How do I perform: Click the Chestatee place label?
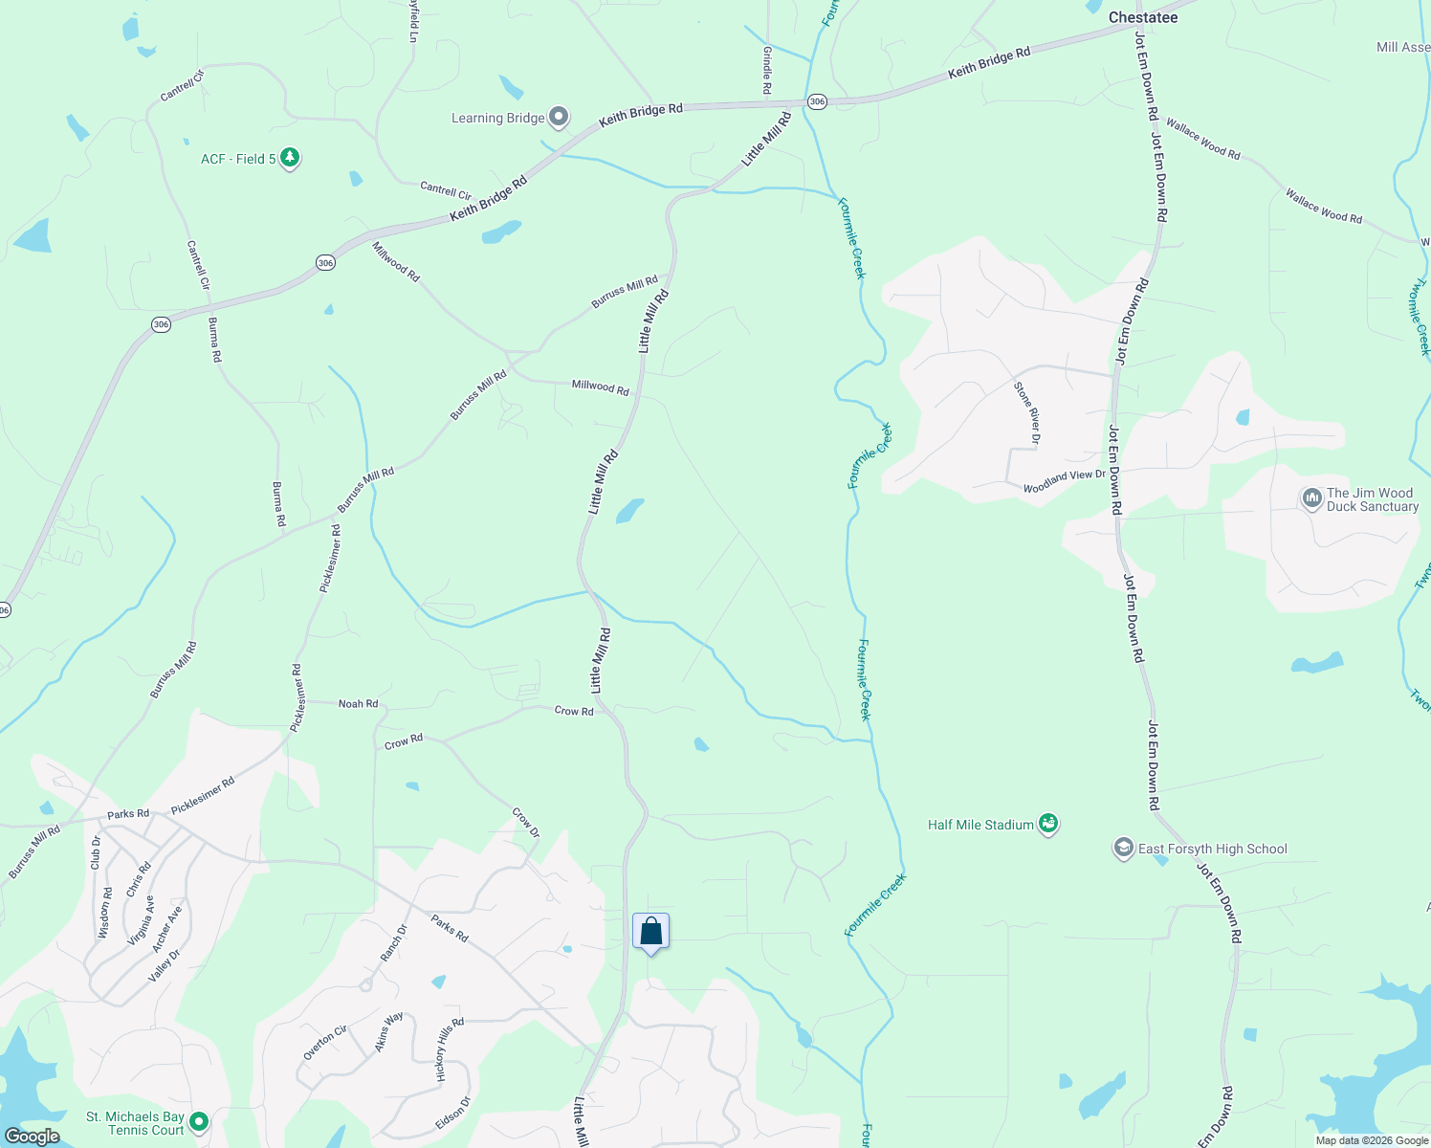click(1143, 17)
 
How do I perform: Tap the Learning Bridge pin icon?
click(560, 118)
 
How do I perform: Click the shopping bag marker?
click(650, 932)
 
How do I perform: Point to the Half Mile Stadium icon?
click(1048, 824)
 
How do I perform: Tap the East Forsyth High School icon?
click(1124, 849)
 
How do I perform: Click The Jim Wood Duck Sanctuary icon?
click(1310, 498)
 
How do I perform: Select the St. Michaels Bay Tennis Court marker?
click(199, 1121)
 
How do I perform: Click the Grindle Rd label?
click(766, 71)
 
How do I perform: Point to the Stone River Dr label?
click(1026, 412)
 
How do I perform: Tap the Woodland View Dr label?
click(1064, 481)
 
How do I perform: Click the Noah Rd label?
click(358, 704)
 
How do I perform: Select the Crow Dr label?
click(526, 823)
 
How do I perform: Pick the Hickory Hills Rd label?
click(450, 1049)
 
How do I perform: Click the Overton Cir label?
click(325, 1043)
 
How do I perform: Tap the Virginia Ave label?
click(142, 920)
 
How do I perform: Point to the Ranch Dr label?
click(393, 942)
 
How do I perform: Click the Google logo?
click(33, 1137)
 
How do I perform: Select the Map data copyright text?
click(1372, 1140)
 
